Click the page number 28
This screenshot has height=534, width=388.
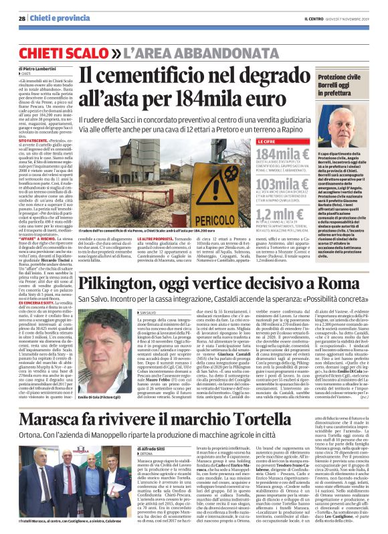click(21, 19)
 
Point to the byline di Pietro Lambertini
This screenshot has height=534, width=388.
click(39, 69)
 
